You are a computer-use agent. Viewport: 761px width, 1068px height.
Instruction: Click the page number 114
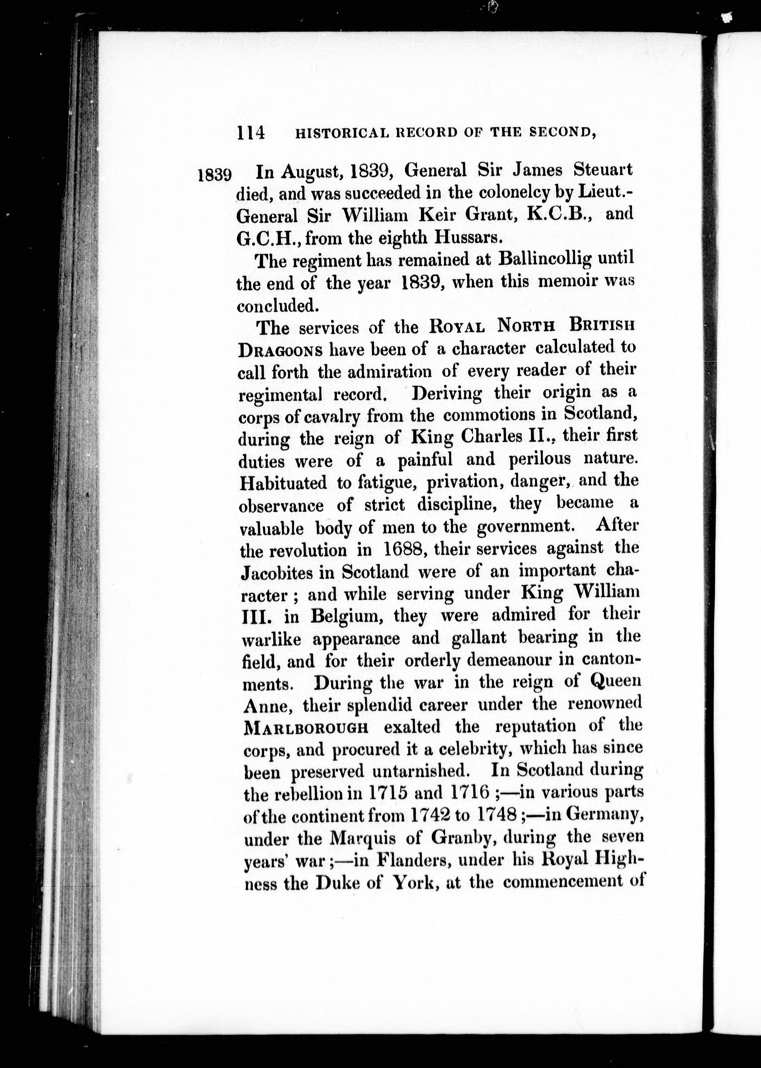[x=251, y=133]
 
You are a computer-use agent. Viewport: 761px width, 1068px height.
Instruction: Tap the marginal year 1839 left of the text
[x=215, y=175]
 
